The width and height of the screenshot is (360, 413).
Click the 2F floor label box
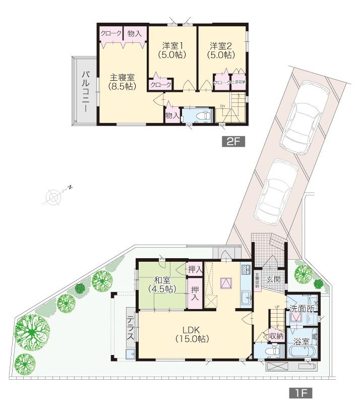pyautogui.click(x=232, y=142)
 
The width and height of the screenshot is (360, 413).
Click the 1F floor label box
pyautogui.click(x=301, y=393)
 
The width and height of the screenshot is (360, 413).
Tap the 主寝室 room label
pyautogui.click(x=123, y=82)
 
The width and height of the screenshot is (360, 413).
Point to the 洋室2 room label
pyautogui.click(x=222, y=49)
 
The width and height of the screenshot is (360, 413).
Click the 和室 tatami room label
pyautogui.click(x=161, y=284)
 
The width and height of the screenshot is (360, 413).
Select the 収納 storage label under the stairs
pyautogui.click(x=276, y=334)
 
